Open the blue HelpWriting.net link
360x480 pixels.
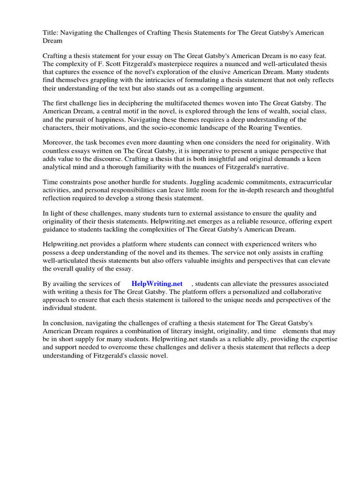tap(157, 284)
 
